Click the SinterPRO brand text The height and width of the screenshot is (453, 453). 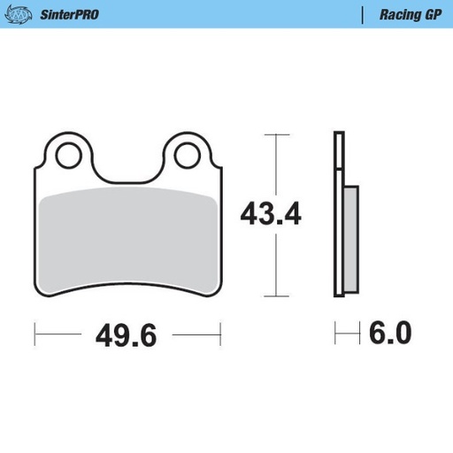point(68,14)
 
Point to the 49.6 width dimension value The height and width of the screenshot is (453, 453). point(126,335)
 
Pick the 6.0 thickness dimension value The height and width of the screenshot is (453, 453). point(389,334)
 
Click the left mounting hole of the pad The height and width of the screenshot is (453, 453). point(67,157)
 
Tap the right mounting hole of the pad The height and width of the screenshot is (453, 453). point(187,157)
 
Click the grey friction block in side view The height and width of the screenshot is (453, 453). point(349,239)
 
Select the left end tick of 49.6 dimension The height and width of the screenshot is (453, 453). point(35,335)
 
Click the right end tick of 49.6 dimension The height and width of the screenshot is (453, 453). point(219,335)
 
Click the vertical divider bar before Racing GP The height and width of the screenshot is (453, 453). point(365,14)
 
